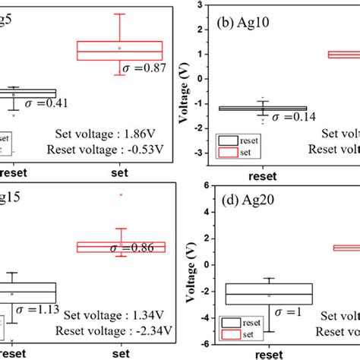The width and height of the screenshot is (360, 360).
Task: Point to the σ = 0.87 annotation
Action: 149,68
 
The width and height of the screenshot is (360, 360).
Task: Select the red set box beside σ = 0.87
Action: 119,50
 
